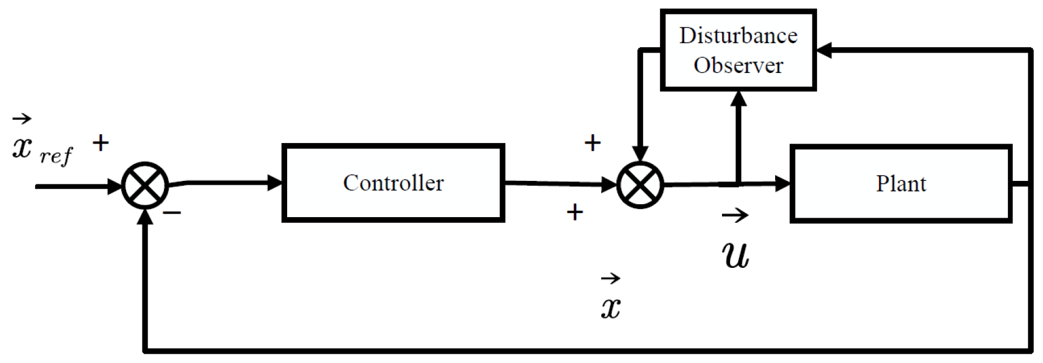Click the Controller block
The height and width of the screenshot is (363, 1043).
pyautogui.click(x=393, y=183)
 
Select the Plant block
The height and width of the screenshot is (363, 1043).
pyautogui.click(x=901, y=184)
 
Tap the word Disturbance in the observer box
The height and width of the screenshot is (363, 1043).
pyautogui.click(x=738, y=36)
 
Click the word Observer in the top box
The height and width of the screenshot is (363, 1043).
pyautogui.click(x=738, y=65)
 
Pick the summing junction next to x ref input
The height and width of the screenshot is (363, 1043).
pyautogui.click(x=145, y=186)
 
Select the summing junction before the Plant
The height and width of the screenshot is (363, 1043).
pyautogui.click(x=640, y=185)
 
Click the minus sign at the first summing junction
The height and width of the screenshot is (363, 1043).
pyautogui.click(x=172, y=212)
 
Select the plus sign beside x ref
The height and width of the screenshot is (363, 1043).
pyautogui.click(x=101, y=142)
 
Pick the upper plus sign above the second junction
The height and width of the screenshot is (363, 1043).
pyautogui.click(x=592, y=142)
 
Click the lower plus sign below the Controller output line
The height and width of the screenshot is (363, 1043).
pyautogui.click(x=575, y=212)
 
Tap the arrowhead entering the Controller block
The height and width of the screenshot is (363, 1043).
pyautogui.click(x=275, y=183)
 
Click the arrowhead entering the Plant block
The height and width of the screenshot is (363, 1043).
pyautogui.click(x=783, y=184)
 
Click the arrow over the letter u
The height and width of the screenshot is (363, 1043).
pyautogui.click(x=735, y=216)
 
